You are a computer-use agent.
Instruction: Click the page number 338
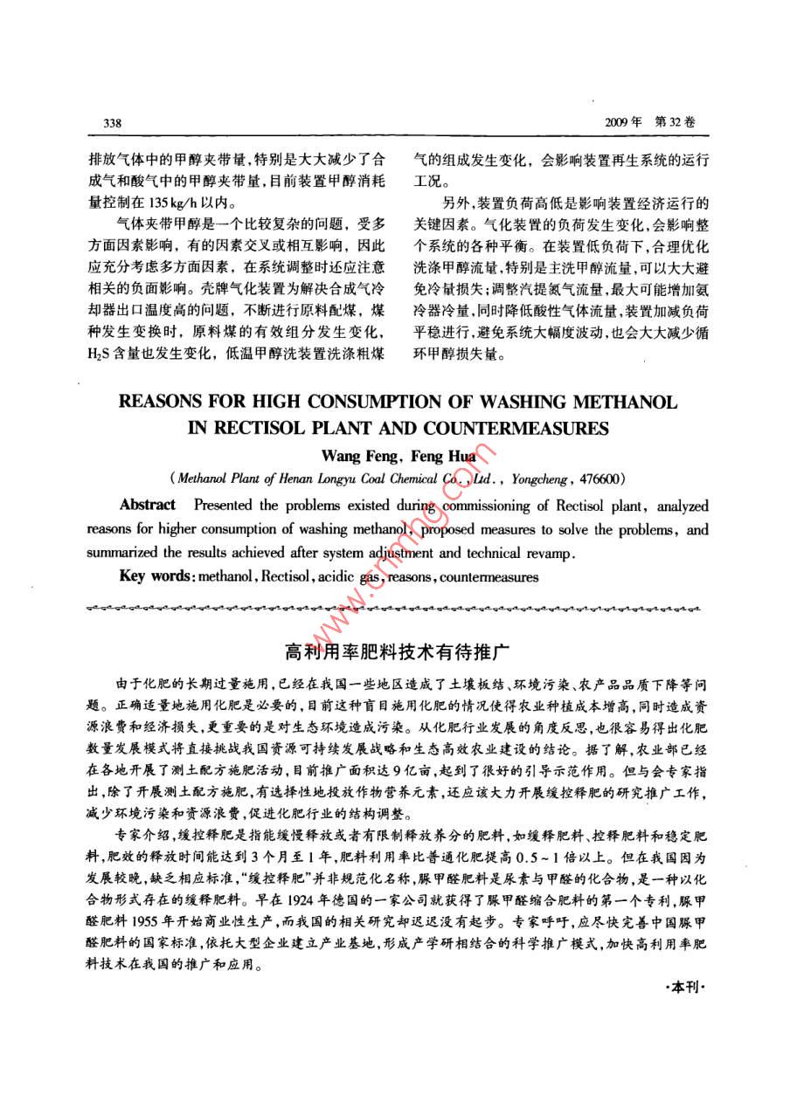[x=112, y=123]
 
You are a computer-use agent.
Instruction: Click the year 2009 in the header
[x=619, y=123]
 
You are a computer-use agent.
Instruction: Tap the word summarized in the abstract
[x=123, y=554]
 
